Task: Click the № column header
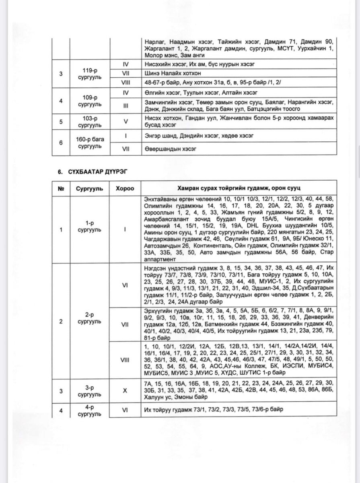point(62,189)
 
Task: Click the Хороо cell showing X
point(125,390)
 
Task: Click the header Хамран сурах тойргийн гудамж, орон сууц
point(239,189)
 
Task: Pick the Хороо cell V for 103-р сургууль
point(125,122)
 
